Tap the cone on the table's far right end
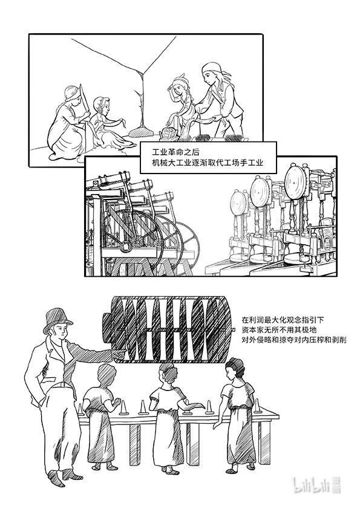tap(258, 406)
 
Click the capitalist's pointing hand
tap(119, 353)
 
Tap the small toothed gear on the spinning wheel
tap(138, 241)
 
